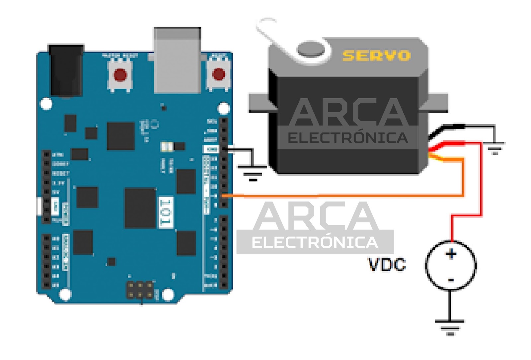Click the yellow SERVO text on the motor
[x=376, y=55]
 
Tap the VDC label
[x=387, y=265]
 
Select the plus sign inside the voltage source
[x=451, y=254]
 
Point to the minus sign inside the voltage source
[x=451, y=280]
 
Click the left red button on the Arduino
[x=120, y=75]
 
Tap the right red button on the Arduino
[x=218, y=74]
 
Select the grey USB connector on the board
[x=177, y=60]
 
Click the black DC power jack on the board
[x=66, y=70]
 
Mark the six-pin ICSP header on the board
[x=140, y=290]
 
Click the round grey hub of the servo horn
[x=310, y=50]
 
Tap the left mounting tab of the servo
[x=261, y=102]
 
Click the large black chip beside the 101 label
[x=140, y=208]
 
